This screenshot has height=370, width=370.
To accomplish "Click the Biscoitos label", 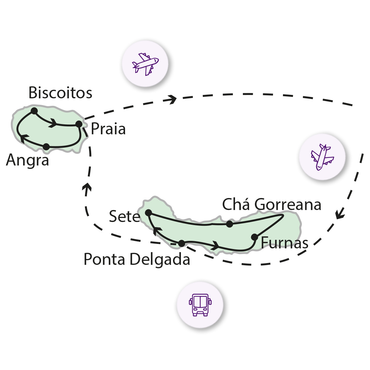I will pyautogui.click(x=60, y=92).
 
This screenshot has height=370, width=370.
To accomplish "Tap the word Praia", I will pyautogui.click(x=108, y=129).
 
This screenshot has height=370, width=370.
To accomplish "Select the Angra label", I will pyautogui.click(x=27, y=160).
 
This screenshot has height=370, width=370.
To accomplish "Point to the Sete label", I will pyautogui.click(x=124, y=217).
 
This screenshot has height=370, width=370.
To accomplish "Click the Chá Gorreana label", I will pyautogui.click(x=272, y=205).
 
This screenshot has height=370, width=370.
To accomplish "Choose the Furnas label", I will pyautogui.click(x=284, y=243).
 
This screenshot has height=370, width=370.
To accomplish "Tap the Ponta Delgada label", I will pyautogui.click(x=137, y=260).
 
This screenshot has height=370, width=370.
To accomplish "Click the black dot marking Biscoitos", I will pyautogui.click(x=34, y=111).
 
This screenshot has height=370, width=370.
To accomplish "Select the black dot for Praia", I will pyautogui.click(x=79, y=124).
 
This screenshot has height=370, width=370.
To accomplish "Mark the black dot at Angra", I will pyautogui.click(x=46, y=147).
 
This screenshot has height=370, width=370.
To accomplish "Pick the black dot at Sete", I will pyautogui.click(x=148, y=213).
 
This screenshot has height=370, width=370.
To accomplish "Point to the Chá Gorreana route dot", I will pyautogui.click(x=230, y=224).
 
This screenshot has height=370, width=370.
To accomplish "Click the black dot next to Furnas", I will pyautogui.click(x=254, y=237).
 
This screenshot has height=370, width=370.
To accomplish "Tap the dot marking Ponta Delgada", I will pyautogui.click(x=182, y=243).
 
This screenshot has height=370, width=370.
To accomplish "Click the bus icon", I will pyautogui.click(x=200, y=305).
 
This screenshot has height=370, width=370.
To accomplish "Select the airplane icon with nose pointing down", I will pyautogui.click(x=322, y=157).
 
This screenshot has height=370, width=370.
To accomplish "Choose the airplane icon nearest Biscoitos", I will pyautogui.click(x=145, y=64).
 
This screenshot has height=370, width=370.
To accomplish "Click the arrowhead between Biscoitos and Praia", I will pyautogui.click(x=53, y=123).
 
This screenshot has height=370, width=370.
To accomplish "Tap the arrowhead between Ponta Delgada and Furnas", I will pyautogui.click(x=215, y=245).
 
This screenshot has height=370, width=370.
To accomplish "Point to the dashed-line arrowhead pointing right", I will pyautogui.click(x=171, y=99).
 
